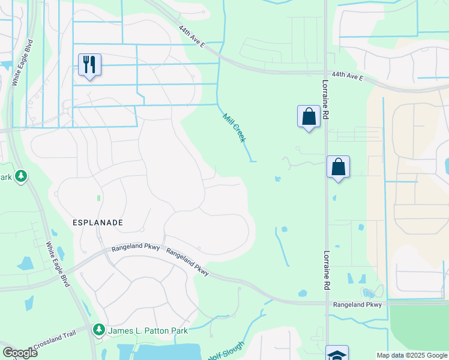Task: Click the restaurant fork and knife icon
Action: tap(89, 64)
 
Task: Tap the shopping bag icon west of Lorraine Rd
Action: tap(309, 116)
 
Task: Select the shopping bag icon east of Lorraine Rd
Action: tap(338, 166)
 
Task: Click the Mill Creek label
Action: tap(234, 128)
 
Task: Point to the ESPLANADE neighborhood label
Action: tap(98, 223)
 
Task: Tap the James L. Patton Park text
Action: tap(148, 331)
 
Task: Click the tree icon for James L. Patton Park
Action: tap(98, 330)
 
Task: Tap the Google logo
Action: tap(20, 352)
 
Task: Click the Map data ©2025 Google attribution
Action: tap(411, 355)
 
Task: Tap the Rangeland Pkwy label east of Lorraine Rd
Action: tap(358, 305)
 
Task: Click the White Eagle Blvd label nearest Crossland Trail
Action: tap(58, 263)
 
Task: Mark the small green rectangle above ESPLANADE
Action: tap(98, 197)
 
